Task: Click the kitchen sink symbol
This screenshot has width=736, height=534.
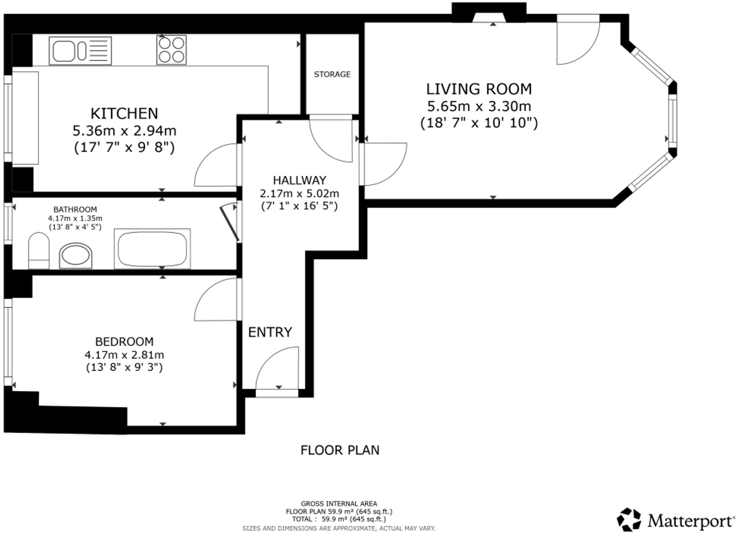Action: point(80,51)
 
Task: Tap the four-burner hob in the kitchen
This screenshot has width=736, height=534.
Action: point(171,50)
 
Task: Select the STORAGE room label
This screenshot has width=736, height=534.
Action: point(332,74)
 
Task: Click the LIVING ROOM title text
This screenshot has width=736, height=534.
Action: point(479,89)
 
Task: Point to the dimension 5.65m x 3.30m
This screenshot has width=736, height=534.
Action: point(479,106)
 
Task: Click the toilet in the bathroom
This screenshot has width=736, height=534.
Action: point(39,251)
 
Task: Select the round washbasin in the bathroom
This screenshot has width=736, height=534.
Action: point(76,256)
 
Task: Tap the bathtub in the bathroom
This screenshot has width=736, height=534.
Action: point(152,249)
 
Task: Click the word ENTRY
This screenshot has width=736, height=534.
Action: point(270,332)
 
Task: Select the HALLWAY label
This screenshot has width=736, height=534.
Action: point(300,180)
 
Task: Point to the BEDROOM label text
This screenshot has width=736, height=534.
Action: point(124,342)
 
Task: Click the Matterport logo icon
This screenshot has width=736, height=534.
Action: point(629,519)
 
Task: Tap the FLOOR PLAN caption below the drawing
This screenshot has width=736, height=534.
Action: point(340,450)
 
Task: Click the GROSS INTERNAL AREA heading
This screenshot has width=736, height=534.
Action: point(339,504)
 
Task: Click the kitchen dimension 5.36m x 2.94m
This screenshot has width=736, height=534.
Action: point(124,131)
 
